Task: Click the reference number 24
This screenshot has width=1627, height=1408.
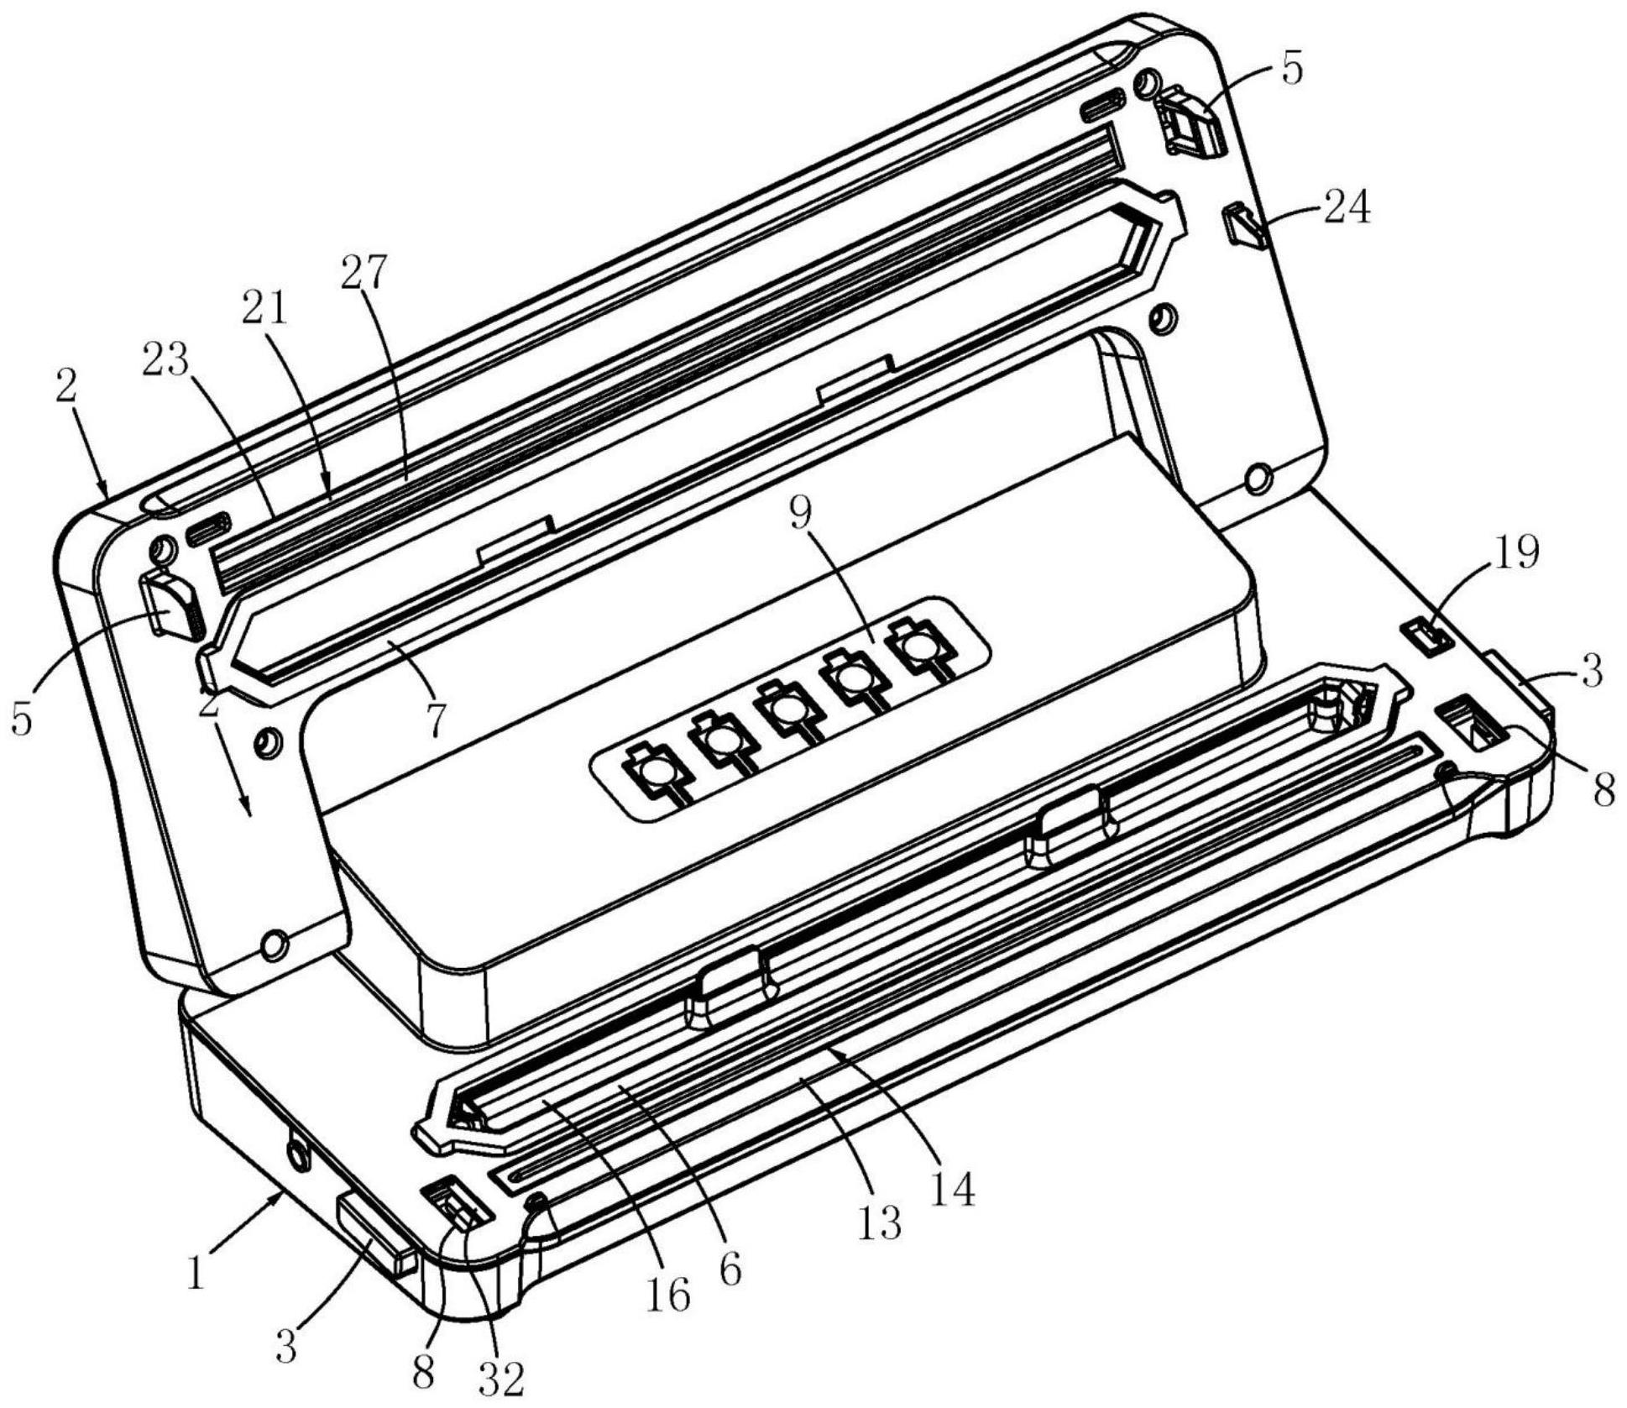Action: coord(1347,207)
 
